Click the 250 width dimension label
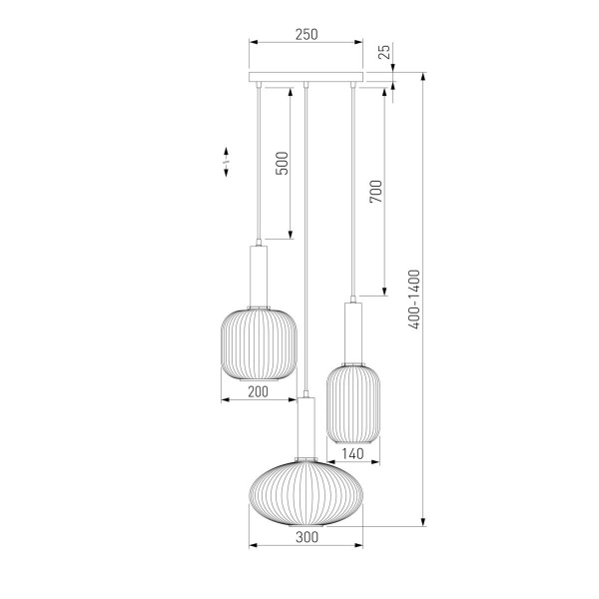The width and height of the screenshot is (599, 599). coord(306,34)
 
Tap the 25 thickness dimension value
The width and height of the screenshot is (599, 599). coord(385,52)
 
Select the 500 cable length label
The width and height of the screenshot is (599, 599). coord(282,163)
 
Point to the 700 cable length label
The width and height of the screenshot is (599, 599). coord(376,192)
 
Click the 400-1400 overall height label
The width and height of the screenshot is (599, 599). coord(414,299)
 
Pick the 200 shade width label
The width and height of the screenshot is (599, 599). coord(259,391)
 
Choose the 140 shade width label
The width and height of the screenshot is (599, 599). coord(352,454)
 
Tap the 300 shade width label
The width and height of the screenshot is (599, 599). coord(306,537)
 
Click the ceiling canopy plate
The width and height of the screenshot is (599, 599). coord(306,77)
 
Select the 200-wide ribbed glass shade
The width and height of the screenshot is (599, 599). coord(259,344)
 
